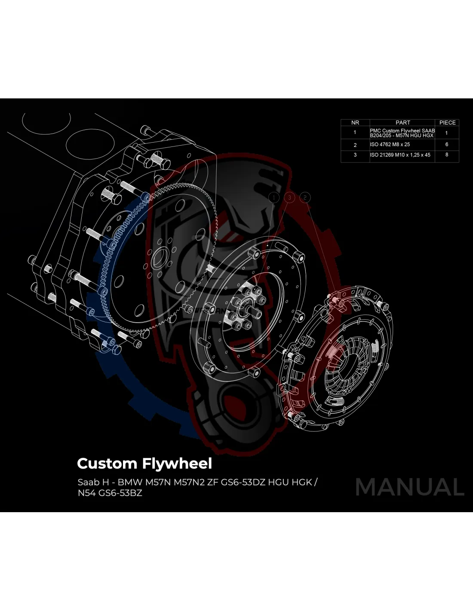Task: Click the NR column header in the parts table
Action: click(x=355, y=123)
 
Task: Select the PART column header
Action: click(x=402, y=123)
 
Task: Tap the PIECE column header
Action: click(x=447, y=123)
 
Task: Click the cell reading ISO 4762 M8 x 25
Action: click(x=390, y=145)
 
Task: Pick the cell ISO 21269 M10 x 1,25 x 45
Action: click(x=400, y=155)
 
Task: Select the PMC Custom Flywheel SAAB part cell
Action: click(x=402, y=133)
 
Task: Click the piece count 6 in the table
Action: click(x=447, y=145)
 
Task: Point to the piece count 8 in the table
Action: click(x=447, y=155)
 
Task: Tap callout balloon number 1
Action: click(x=274, y=198)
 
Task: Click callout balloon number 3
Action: click(x=290, y=198)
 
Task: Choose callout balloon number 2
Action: click(x=305, y=198)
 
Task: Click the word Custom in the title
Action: click(x=107, y=464)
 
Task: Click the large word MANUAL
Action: click(x=410, y=487)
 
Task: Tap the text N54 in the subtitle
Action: click(x=86, y=493)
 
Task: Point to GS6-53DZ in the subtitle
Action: click(x=243, y=482)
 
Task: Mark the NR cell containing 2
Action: click(x=355, y=145)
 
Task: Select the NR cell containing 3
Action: click(x=355, y=155)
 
